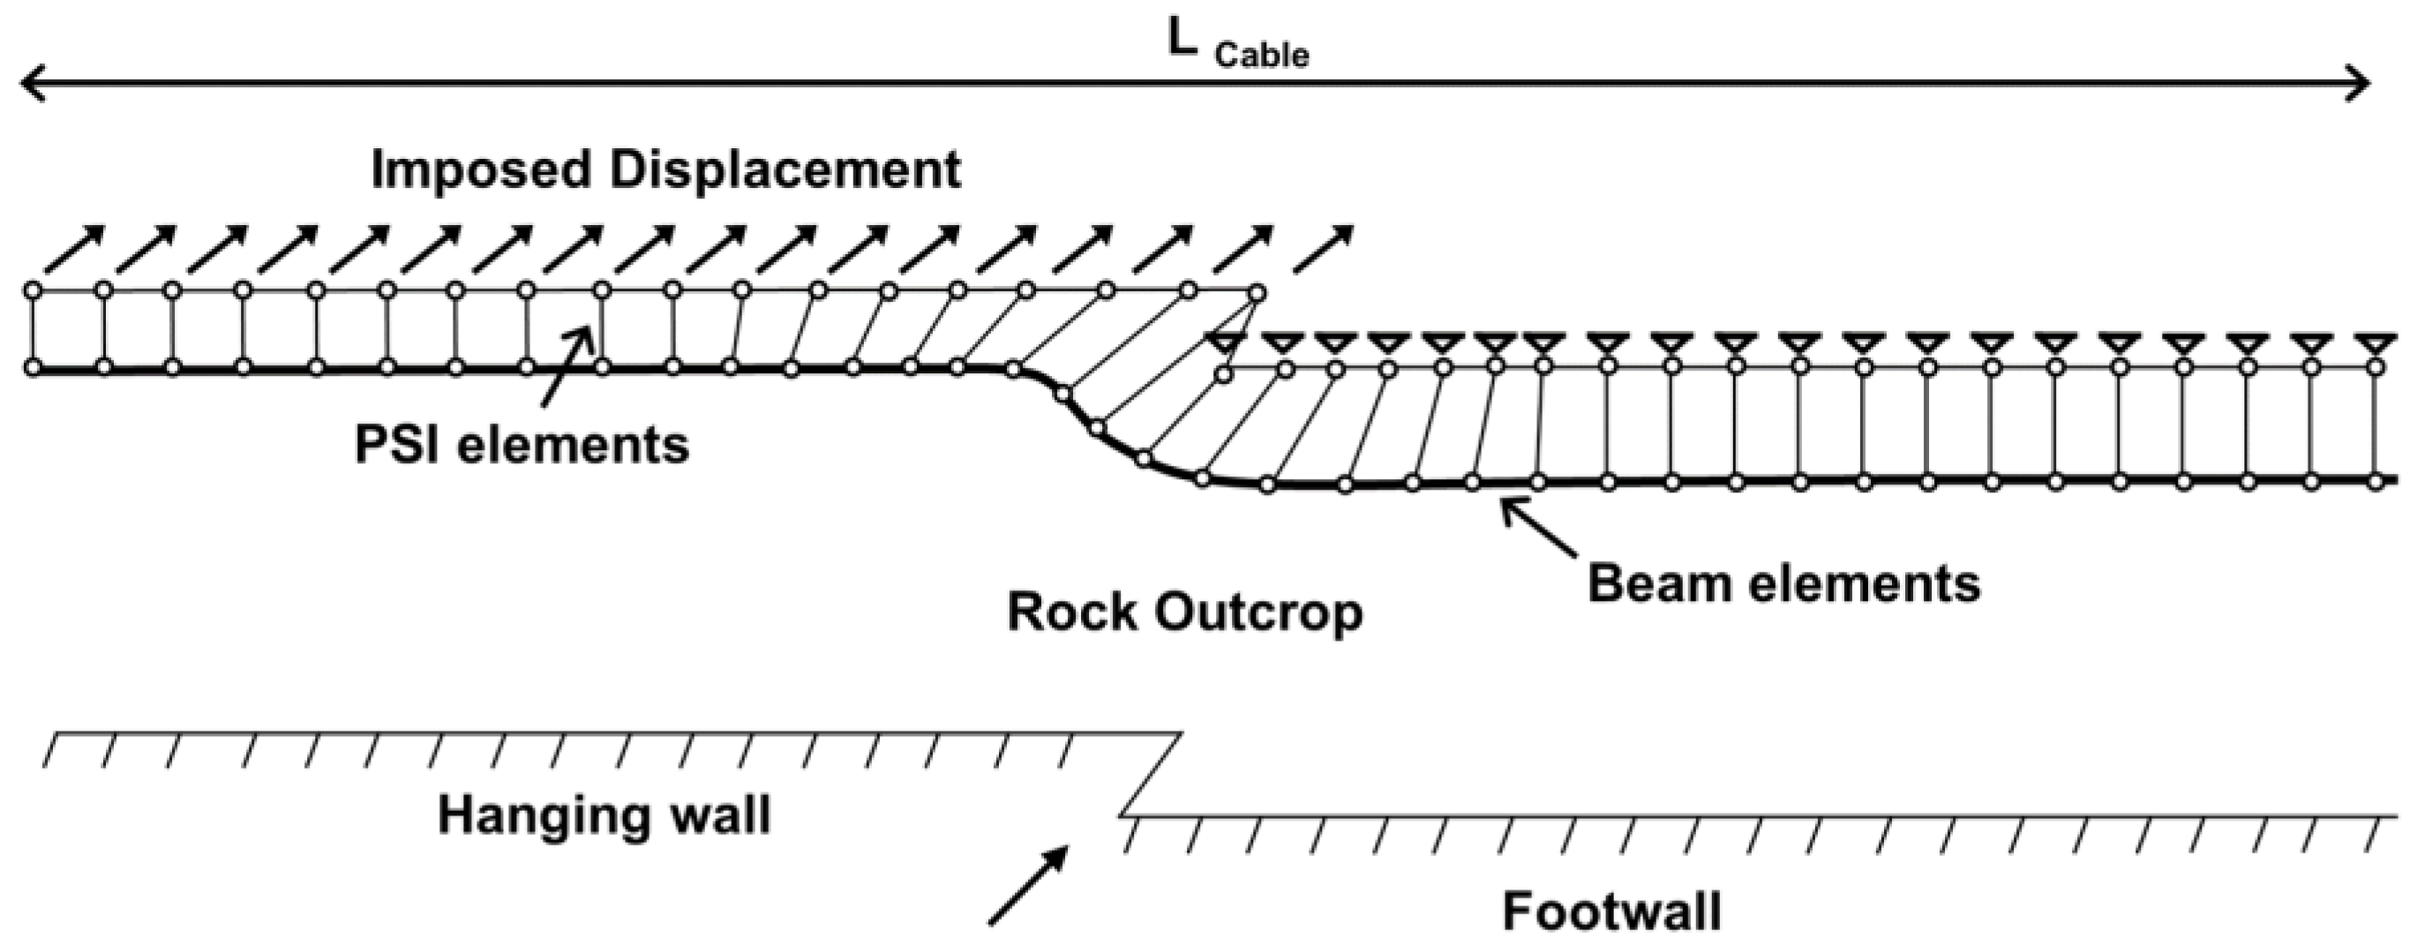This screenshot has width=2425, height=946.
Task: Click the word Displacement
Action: pos(785,170)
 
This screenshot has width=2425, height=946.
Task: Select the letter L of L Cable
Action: pos(1182,40)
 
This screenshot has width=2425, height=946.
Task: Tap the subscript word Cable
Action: pos(1261,56)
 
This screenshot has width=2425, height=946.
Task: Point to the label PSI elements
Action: pos(522,444)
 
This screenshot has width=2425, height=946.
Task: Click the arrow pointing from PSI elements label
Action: pos(568,367)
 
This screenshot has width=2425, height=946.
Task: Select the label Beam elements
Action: pos(1784,583)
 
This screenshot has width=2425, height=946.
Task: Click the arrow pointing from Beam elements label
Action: pos(1538,528)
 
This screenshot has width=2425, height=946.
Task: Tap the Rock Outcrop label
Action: pos(1184,612)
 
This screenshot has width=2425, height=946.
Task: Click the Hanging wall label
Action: pos(604,815)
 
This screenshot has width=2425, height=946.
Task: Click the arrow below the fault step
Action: pos(1028,886)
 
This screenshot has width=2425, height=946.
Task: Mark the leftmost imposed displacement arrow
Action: pos(75,250)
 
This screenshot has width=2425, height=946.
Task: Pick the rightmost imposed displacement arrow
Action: pos(1324,250)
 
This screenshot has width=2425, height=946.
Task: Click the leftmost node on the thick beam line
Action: pos(32,367)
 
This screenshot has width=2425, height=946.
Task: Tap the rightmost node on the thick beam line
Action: pos(2375,482)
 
